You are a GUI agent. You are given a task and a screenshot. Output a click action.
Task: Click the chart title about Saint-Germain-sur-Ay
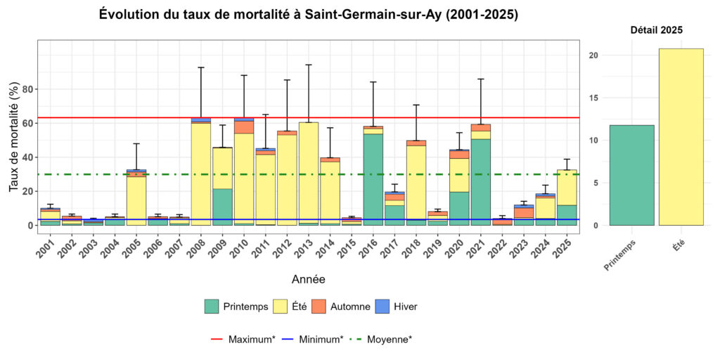click(x=309, y=14)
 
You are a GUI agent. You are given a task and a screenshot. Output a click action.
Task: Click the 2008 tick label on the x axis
click(x=199, y=248)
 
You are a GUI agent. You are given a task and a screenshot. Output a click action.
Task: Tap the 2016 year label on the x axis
click(x=371, y=248)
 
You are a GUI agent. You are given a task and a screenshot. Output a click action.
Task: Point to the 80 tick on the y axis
click(x=28, y=89)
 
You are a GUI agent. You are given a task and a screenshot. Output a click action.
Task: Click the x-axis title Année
click(x=309, y=280)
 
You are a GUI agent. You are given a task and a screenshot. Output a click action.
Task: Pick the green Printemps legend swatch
click(x=212, y=307)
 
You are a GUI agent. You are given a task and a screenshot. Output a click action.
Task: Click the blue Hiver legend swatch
click(x=382, y=307)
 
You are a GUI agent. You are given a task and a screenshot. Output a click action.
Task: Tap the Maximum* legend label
click(x=251, y=339)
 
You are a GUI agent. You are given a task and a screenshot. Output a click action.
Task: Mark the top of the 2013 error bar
click(x=309, y=65)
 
